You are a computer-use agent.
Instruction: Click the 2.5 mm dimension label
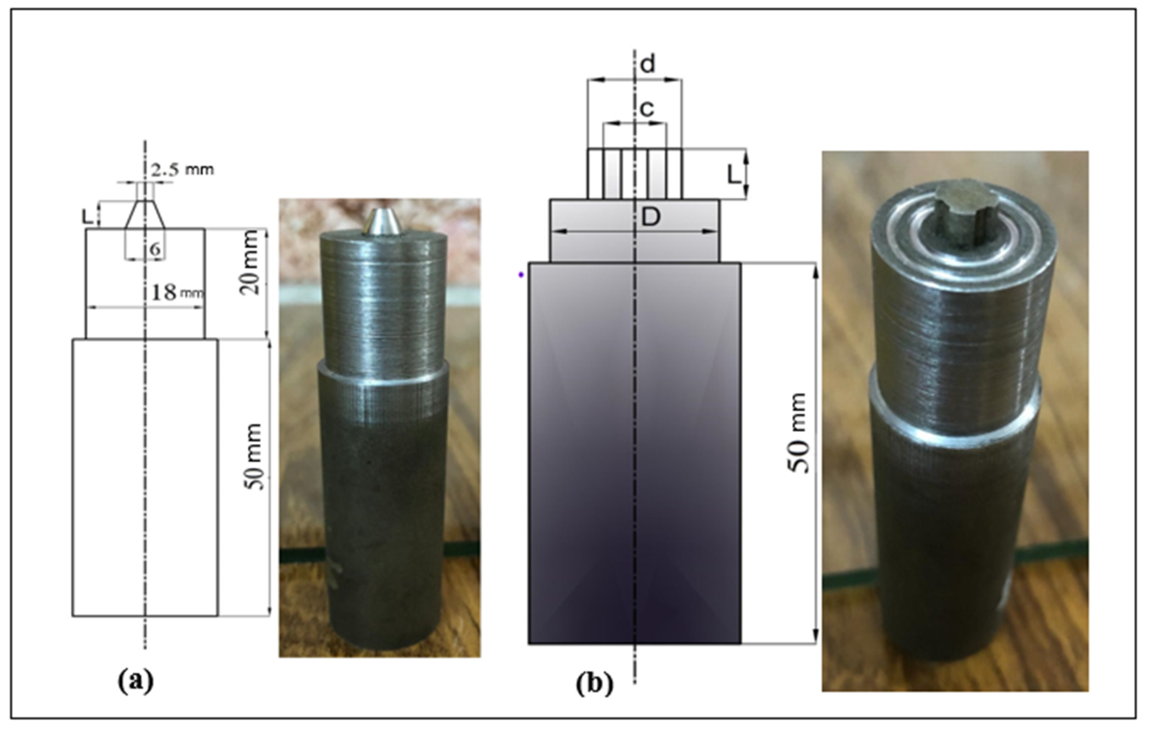pos(182,170)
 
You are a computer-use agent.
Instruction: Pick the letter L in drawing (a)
pos(87,217)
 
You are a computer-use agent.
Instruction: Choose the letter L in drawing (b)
pos(734,176)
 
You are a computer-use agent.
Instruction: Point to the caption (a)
pos(136,681)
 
